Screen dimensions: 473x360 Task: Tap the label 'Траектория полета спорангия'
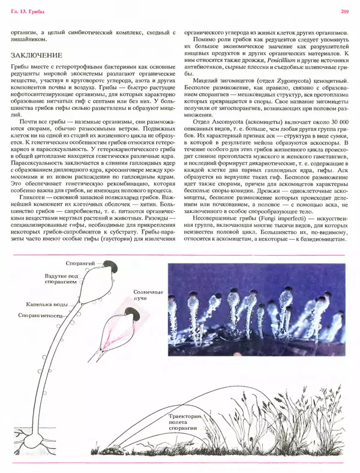click(x=187, y=422)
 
